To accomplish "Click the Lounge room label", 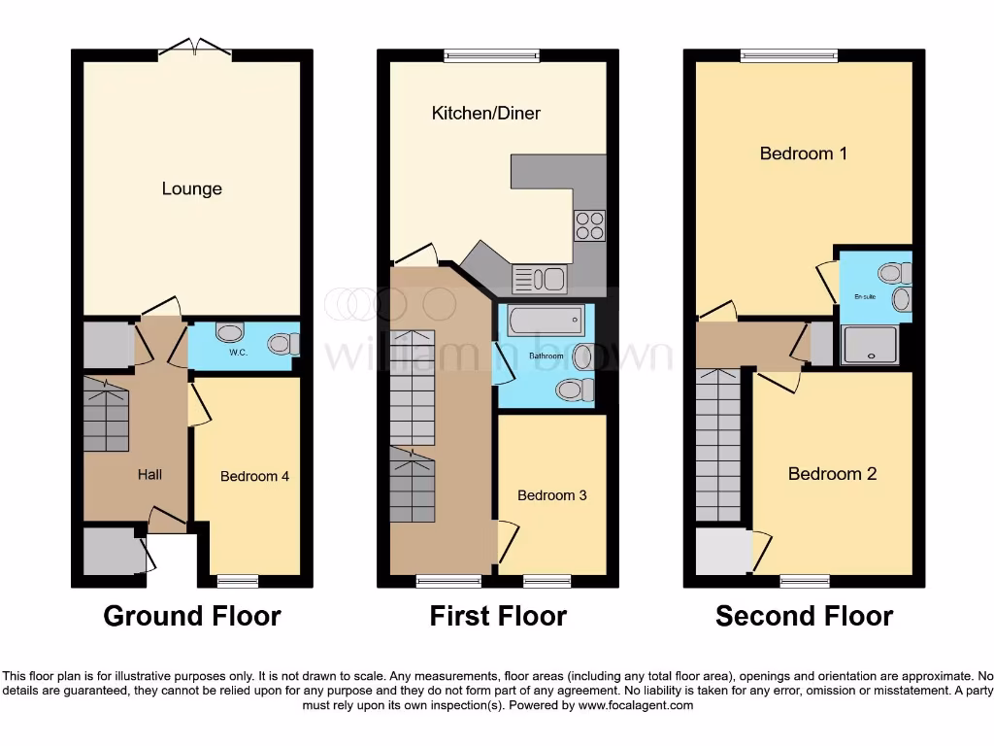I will pyautogui.click(x=191, y=188).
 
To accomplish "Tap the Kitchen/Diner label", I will pyautogui.click(x=485, y=114).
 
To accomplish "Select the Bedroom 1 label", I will pyautogui.click(x=803, y=153).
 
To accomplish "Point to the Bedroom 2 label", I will pyautogui.click(x=832, y=474).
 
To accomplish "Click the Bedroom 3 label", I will pyautogui.click(x=551, y=495).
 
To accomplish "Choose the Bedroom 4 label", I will pyautogui.click(x=254, y=476).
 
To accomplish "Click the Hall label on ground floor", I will pyautogui.click(x=149, y=474).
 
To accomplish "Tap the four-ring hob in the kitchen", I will pyautogui.click(x=589, y=225).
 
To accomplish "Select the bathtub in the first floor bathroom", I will pyautogui.click(x=545, y=321).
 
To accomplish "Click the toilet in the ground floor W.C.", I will pyautogui.click(x=282, y=344).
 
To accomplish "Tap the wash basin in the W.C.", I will pyautogui.click(x=230, y=333).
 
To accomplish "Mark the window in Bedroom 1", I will pyautogui.click(x=788, y=55).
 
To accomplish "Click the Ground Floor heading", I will pyautogui.click(x=192, y=616).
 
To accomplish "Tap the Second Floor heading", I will pyautogui.click(x=804, y=616).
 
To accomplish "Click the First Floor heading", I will pyautogui.click(x=498, y=616).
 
